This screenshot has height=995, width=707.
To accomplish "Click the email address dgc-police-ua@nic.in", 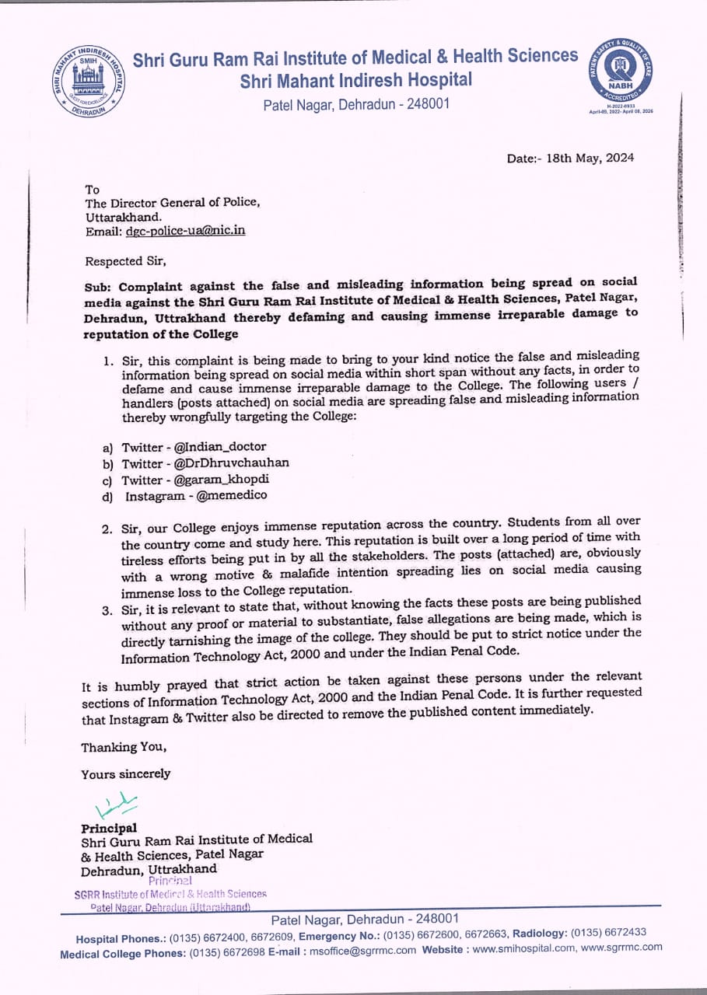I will (185, 231).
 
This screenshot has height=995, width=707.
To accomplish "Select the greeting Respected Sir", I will (125, 261).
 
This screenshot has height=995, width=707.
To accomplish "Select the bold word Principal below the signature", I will (109, 828).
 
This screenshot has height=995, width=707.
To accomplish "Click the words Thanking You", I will (124, 747).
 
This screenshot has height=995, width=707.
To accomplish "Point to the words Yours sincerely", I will (125, 774).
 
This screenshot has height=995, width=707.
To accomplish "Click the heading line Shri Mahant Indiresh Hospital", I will (355, 79).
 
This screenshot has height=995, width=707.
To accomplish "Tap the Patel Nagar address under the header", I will (355, 104).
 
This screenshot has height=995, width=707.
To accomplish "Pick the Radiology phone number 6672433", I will (621, 932).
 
